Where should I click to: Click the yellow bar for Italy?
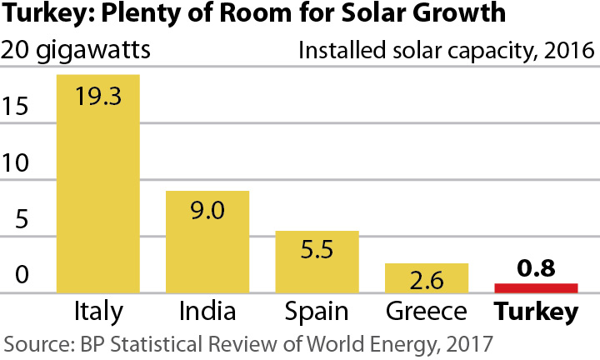[97, 192]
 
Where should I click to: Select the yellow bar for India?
[207, 246]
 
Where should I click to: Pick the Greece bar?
[427, 279]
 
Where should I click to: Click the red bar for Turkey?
[536, 288]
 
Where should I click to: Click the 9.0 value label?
[207, 210]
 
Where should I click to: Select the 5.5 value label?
[317, 250]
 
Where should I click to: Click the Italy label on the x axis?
[97, 312]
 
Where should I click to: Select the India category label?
[207, 312]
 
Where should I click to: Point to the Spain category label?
[317, 313]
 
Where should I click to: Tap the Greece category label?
[427, 312]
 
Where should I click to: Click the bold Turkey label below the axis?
[536, 312]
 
